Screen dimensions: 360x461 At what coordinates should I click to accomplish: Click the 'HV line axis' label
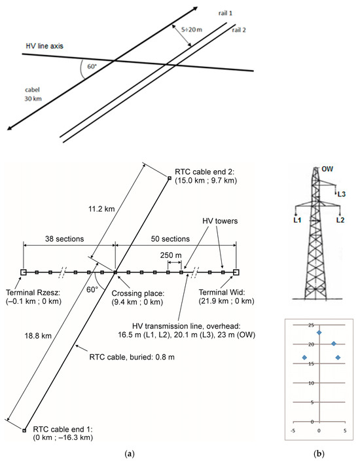click(x=45, y=46)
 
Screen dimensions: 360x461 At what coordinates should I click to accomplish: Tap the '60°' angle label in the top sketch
click(x=92, y=66)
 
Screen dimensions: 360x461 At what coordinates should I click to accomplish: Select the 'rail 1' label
click(x=225, y=13)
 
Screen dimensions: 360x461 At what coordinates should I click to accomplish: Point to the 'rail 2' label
click(x=239, y=30)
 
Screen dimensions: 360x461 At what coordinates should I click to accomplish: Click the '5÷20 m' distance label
click(x=192, y=29)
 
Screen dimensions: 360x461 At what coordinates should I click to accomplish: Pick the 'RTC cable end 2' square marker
click(x=170, y=178)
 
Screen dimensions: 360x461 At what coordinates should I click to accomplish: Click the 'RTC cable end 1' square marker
click(x=24, y=430)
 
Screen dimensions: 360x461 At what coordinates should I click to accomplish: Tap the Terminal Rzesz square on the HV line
click(x=24, y=272)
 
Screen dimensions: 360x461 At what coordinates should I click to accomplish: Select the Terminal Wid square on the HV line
click(x=236, y=272)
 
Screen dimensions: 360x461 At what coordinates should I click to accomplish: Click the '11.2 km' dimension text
click(x=101, y=209)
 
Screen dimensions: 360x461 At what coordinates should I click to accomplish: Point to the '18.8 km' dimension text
click(x=38, y=336)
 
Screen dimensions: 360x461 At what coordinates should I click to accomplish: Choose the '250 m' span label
click(x=171, y=255)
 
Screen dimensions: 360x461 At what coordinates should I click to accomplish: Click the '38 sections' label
click(x=64, y=239)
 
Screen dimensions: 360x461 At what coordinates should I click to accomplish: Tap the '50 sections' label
click(x=170, y=239)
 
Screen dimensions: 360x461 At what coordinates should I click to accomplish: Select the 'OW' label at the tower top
click(x=327, y=169)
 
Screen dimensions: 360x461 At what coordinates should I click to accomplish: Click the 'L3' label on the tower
click(x=341, y=194)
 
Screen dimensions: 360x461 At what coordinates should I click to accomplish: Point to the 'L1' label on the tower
click(x=297, y=220)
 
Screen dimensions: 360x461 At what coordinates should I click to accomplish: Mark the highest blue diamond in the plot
click(x=319, y=333)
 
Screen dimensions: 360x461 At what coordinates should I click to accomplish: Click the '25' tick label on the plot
click(x=311, y=325)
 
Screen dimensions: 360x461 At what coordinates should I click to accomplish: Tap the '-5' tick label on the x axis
click(x=293, y=431)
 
